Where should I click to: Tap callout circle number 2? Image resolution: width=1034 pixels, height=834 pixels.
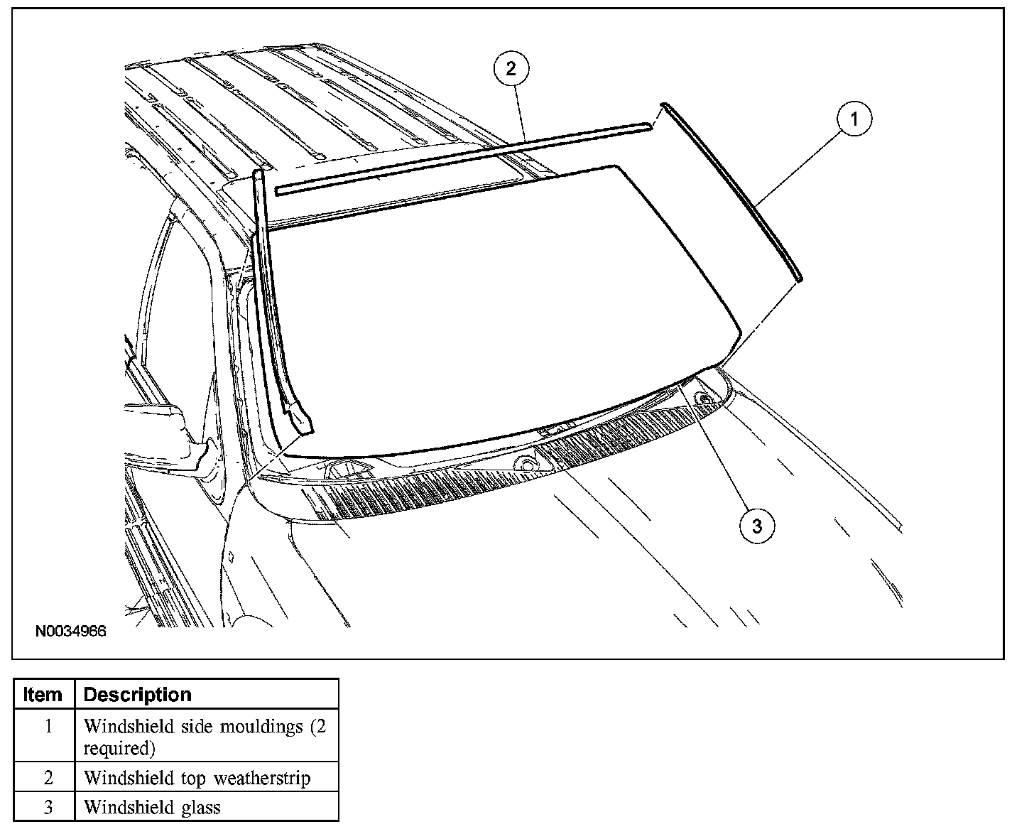pos(511,69)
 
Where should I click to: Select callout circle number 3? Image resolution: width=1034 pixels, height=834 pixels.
pos(756,526)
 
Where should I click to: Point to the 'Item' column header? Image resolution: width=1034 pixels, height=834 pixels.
pos(43,694)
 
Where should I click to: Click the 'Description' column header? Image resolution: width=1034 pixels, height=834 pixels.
pos(137,694)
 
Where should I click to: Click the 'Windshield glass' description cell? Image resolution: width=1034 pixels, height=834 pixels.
pos(152,807)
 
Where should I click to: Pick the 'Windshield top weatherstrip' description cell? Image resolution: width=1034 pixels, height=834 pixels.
pos(197,778)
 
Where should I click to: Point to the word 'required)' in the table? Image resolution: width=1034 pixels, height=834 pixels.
pos(119,748)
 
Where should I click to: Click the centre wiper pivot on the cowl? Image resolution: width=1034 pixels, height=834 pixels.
pos(526,463)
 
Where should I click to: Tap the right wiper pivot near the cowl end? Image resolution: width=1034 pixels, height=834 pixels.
pos(705,400)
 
